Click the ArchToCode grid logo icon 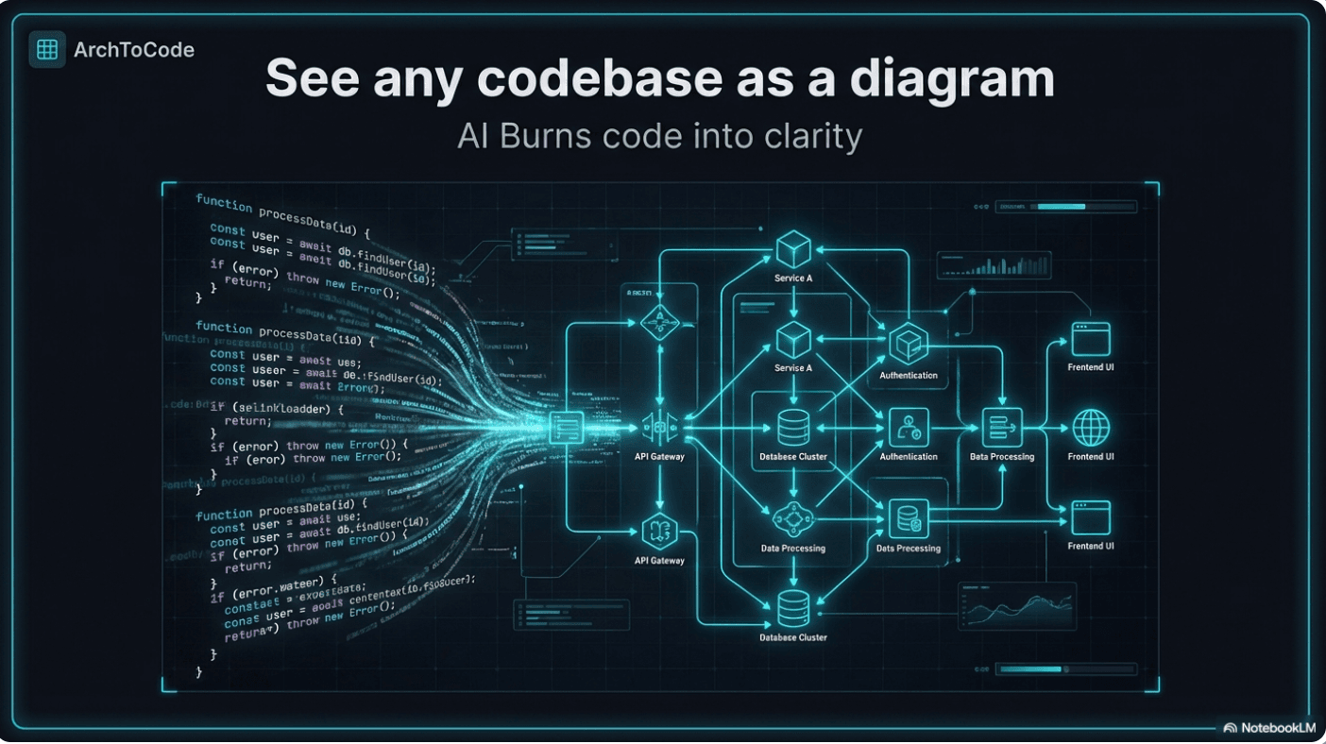47,49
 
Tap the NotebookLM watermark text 1277,728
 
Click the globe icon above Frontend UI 1091,428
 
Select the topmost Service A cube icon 793,250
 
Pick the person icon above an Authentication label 909,428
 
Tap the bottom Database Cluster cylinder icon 793,609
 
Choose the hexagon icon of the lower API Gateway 660,532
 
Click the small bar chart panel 993,265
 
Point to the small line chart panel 1017,605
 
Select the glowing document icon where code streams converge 567,429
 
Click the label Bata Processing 1002,457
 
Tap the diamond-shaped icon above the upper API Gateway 659,322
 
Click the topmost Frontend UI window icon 1091,339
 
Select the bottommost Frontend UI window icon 1091,517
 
